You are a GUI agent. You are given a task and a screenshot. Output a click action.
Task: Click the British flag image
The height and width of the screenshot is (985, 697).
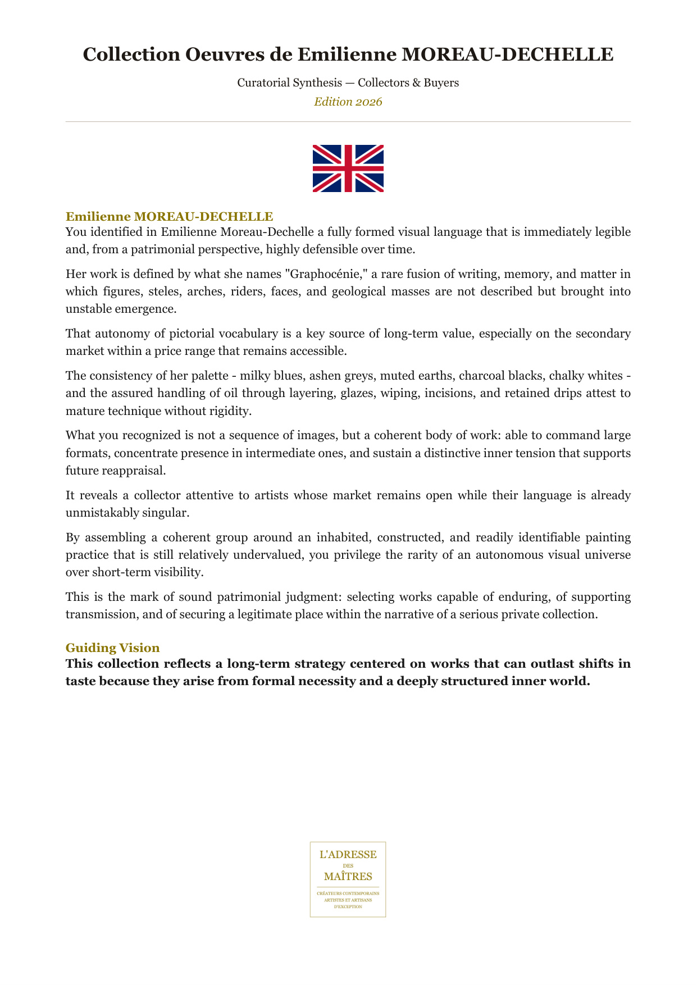(x=348, y=168)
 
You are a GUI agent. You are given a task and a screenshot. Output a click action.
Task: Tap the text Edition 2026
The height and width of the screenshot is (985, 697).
(x=348, y=102)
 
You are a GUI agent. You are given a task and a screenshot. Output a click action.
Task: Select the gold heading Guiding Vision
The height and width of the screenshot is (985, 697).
(x=112, y=647)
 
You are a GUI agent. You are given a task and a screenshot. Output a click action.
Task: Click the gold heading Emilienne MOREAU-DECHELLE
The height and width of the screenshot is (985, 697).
(x=169, y=216)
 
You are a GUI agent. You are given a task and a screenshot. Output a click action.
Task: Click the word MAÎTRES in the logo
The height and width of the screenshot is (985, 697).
(x=348, y=876)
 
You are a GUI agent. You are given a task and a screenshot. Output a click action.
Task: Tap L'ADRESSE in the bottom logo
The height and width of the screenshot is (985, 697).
(x=348, y=855)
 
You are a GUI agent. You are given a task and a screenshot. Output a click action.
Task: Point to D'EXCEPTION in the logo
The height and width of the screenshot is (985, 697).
(x=348, y=906)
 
